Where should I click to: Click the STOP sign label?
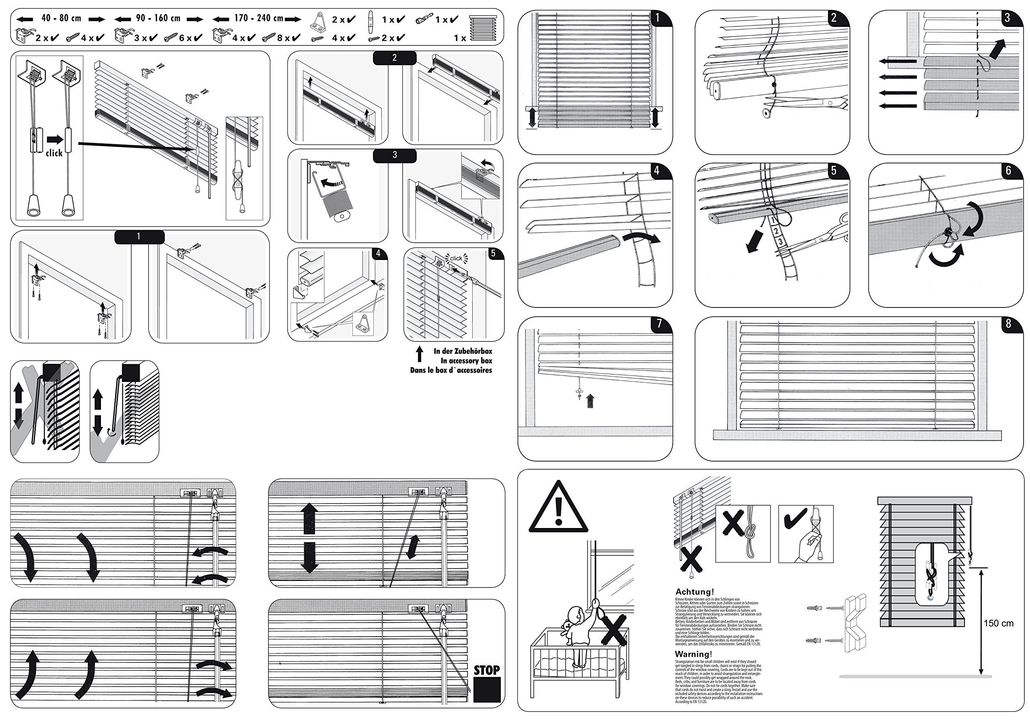point(486,670)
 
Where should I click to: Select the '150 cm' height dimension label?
point(998,623)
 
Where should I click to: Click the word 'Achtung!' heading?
point(694,592)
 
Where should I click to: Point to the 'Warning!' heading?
point(693,654)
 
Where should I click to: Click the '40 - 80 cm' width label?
point(61,19)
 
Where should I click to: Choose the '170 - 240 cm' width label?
point(259,19)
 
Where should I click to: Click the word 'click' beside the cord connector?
point(54,153)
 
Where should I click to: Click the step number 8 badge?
point(1008,324)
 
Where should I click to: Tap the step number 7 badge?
point(659,324)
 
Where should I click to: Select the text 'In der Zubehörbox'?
point(463,351)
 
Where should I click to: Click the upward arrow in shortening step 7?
point(591,400)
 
